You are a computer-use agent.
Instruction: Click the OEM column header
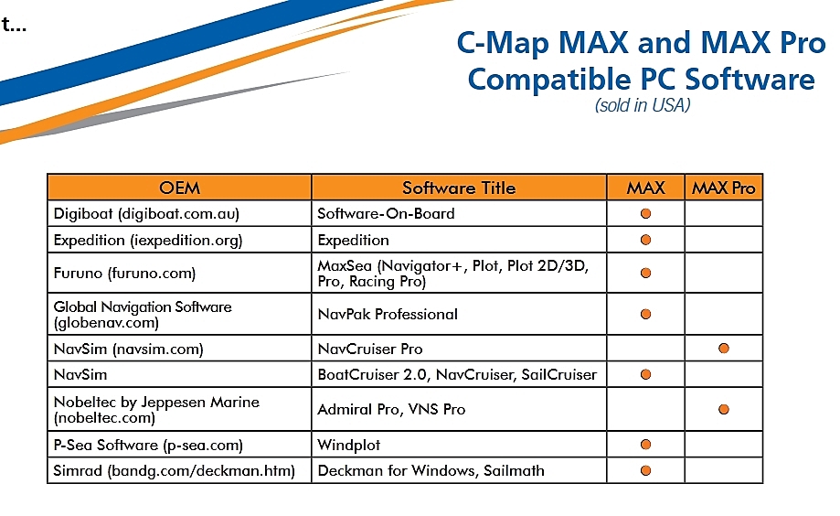click(179, 188)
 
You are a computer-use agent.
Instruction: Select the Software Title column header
click(459, 188)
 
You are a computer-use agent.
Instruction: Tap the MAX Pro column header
click(723, 188)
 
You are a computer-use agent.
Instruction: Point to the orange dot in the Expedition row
click(645, 240)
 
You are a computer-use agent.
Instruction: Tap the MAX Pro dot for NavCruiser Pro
click(724, 349)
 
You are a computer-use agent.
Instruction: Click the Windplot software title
click(349, 445)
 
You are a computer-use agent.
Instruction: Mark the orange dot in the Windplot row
click(645, 444)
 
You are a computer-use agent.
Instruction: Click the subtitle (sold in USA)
click(643, 105)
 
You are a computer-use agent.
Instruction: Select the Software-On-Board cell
click(386, 213)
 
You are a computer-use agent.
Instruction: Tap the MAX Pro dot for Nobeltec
click(724, 410)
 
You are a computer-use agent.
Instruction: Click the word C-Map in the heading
click(503, 43)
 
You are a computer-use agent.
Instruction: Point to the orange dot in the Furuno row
click(645, 273)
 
